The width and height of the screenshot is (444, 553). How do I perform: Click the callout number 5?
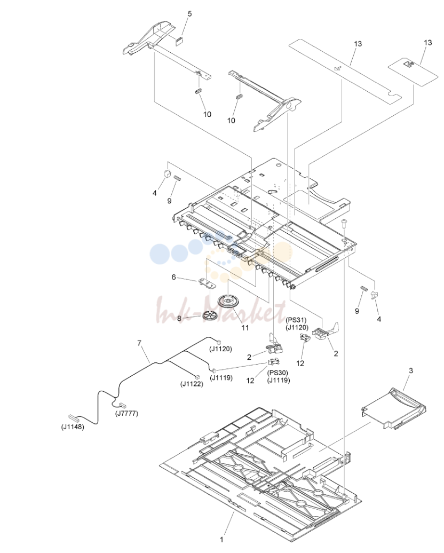point(190,14)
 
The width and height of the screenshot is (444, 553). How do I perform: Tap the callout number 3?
point(411,370)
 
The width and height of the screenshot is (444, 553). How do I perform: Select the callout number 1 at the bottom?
point(221,540)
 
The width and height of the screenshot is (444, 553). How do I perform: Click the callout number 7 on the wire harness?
point(139,343)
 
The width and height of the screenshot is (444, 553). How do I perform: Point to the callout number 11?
point(245,328)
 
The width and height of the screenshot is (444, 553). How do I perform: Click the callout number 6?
point(173,277)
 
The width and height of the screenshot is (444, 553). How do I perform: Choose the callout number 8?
point(179,319)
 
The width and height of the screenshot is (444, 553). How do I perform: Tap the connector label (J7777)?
point(126,413)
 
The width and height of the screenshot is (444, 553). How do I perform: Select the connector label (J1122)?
point(192,384)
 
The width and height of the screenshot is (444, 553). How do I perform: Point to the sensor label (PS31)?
point(296,320)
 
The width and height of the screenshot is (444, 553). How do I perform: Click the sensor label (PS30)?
point(278,373)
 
